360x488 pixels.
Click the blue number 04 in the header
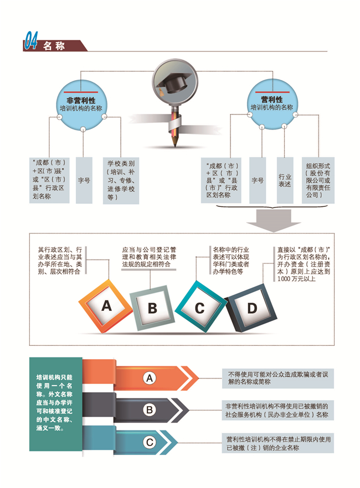tap(31, 40)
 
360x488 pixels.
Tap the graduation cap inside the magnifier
tap(173, 82)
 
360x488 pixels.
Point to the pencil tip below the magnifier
tap(174, 144)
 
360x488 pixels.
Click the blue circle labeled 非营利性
tap(81, 105)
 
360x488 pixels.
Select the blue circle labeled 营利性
tap(272, 104)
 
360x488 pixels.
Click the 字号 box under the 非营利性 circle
tap(84, 180)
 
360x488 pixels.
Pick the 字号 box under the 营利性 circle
tap(258, 180)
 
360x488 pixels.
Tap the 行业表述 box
tap(285, 180)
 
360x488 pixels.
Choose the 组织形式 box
tap(318, 180)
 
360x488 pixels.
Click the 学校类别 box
tap(121, 180)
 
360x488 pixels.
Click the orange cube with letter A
tap(106, 307)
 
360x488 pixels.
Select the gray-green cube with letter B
tap(152, 308)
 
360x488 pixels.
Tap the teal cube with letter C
tap(199, 307)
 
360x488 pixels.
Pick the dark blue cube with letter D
tap(251, 308)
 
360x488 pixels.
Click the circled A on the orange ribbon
tap(150, 378)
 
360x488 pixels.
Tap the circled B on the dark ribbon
tap(150, 410)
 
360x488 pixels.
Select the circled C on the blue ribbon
tap(150, 442)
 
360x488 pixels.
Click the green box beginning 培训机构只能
tap(56, 404)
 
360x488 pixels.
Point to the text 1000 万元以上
tap(296, 279)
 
